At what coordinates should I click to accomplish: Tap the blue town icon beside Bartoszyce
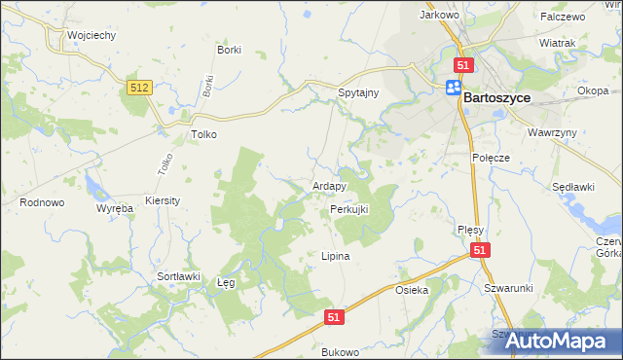pyautogui.click(x=454, y=88)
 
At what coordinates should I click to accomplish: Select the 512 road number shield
pyautogui.click(x=139, y=88)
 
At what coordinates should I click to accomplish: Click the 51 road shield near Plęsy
pyautogui.click(x=480, y=251)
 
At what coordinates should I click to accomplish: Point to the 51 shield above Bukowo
pyautogui.click(x=334, y=317)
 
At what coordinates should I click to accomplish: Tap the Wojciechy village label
pyautogui.click(x=92, y=35)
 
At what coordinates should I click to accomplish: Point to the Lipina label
pyautogui.click(x=335, y=257)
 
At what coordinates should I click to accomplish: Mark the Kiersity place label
pyautogui.click(x=162, y=199)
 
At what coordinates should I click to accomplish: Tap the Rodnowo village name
pyautogui.click(x=42, y=202)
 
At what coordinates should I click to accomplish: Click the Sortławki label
pyautogui.click(x=178, y=276)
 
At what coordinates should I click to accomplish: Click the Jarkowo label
pyautogui.click(x=438, y=16)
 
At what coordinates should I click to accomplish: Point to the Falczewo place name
pyautogui.click(x=562, y=17)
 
